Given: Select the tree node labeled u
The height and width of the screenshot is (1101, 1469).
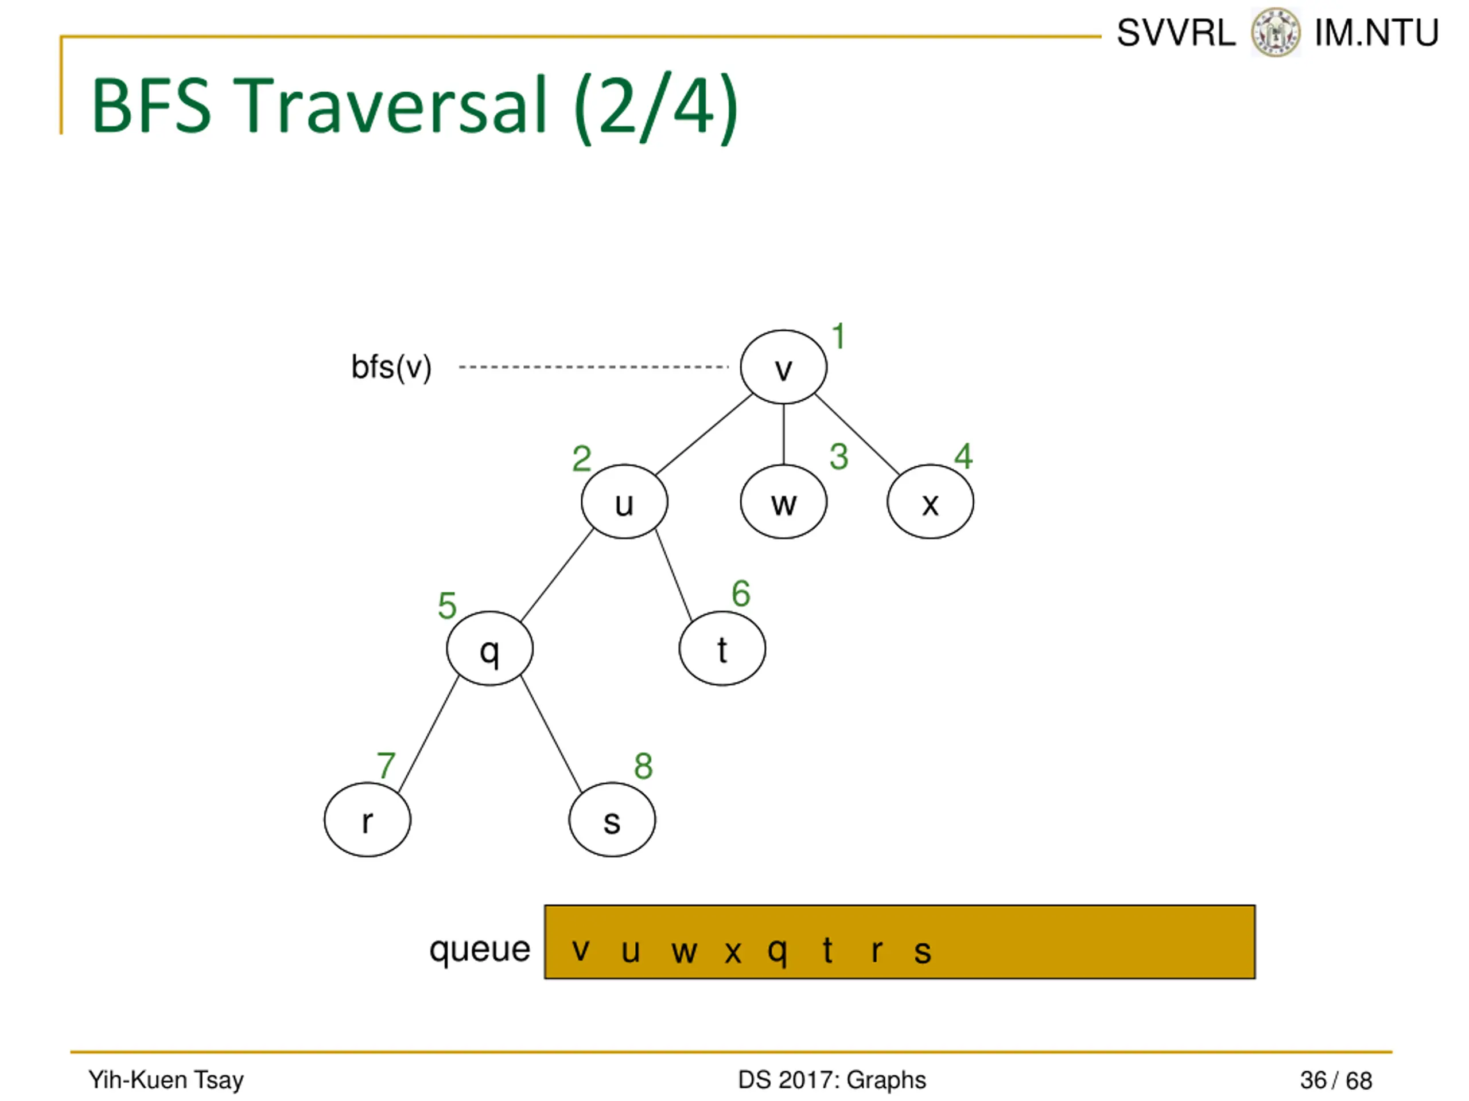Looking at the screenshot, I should (x=624, y=502).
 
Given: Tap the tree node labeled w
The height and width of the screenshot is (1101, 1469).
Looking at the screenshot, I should (x=784, y=502).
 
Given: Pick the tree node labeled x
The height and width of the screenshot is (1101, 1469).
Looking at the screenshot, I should (x=930, y=502).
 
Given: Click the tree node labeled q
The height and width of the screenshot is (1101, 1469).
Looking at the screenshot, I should (x=489, y=649).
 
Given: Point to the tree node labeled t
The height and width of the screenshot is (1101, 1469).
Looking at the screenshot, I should (x=722, y=649).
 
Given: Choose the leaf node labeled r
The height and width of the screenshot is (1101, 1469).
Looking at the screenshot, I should (x=367, y=820).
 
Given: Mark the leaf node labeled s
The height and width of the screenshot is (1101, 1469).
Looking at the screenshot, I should (x=612, y=820).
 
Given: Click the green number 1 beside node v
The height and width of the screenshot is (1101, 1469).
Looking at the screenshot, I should (x=839, y=337).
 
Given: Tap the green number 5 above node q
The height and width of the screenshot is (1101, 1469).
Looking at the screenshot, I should (x=447, y=605).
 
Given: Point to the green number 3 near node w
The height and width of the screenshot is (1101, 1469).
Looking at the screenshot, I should (x=839, y=456).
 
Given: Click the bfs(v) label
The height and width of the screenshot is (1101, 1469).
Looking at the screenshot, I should (x=391, y=367).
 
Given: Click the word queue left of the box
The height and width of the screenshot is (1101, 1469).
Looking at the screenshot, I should (x=480, y=949).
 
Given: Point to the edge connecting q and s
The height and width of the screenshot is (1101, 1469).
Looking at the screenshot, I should (x=551, y=734).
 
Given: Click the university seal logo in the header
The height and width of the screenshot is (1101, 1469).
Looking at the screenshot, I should (x=1275, y=32).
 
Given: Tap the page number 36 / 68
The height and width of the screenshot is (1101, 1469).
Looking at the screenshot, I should (x=1335, y=1080).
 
